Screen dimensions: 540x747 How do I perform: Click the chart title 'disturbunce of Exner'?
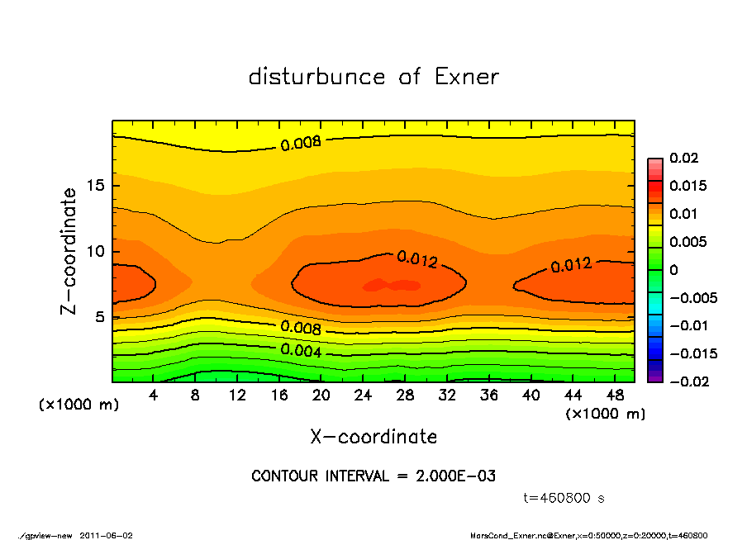[x=373, y=77]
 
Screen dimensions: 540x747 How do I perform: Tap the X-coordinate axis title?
[x=373, y=436]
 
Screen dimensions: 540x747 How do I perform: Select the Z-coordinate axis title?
[x=69, y=251]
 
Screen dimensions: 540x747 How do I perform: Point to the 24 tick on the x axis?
[x=364, y=396]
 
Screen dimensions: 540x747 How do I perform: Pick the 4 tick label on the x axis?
[x=154, y=396]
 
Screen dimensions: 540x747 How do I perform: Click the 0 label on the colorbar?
[x=673, y=270]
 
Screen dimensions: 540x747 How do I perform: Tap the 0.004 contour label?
[x=301, y=349]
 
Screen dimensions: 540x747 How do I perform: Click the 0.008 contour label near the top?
[x=301, y=144]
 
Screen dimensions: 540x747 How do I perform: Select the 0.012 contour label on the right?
[x=571, y=265]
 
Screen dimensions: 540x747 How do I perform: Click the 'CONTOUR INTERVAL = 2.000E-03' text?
[x=373, y=476]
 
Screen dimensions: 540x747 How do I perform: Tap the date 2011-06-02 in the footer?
[x=107, y=535]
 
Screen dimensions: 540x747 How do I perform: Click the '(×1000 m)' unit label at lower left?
[x=75, y=405]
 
